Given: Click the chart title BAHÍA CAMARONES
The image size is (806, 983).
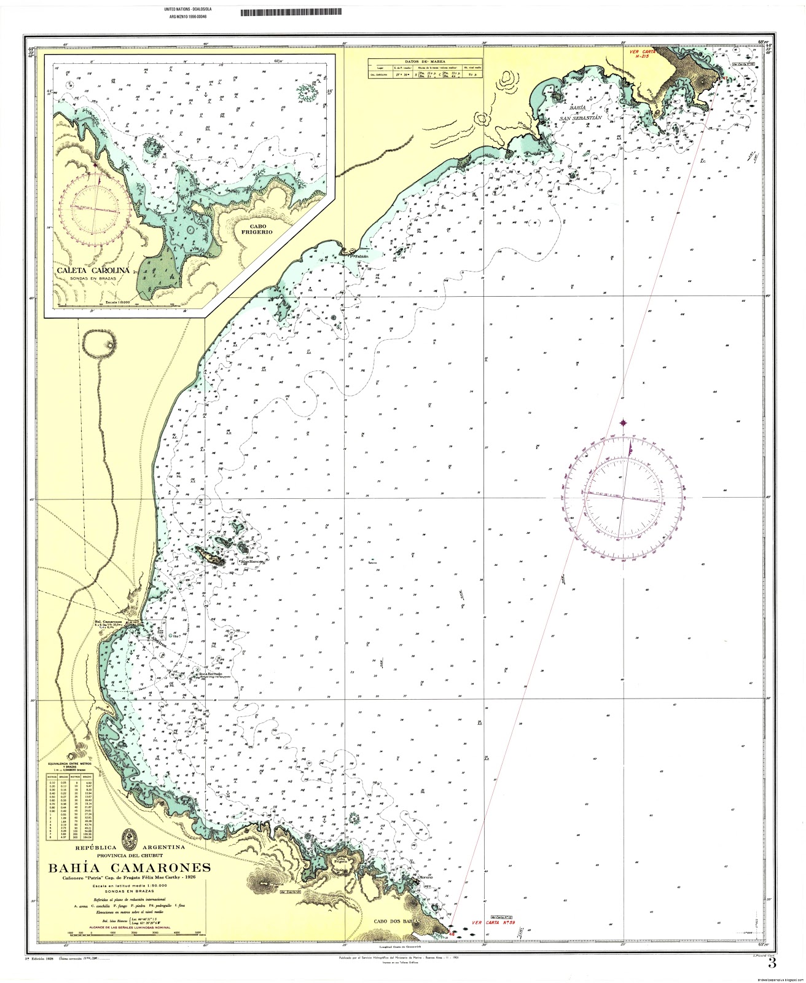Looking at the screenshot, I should (x=129, y=868).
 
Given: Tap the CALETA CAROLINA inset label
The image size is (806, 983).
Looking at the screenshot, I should (x=93, y=270).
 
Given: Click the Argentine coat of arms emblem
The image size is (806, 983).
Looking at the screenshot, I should (x=130, y=837).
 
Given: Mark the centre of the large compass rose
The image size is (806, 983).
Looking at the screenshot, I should (x=623, y=497).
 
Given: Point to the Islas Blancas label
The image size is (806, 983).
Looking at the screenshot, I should (x=253, y=561).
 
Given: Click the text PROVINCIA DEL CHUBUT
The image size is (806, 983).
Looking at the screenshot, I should (x=130, y=856).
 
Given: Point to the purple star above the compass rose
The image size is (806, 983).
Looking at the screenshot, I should (x=624, y=422).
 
